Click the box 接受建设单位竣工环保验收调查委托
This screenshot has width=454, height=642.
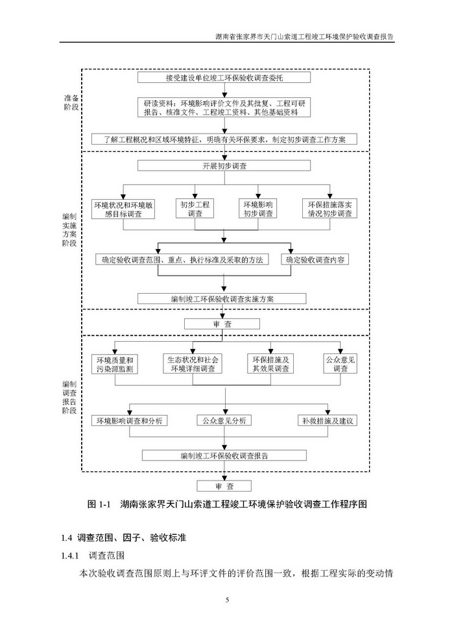pyautogui.click(x=224, y=78)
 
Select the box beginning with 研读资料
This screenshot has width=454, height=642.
pyautogui.click(x=224, y=107)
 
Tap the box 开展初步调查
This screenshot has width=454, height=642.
pyautogui.click(x=224, y=166)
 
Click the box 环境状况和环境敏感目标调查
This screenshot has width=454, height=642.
pyautogui.click(x=123, y=209)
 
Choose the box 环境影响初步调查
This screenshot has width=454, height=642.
pyautogui.click(x=259, y=209)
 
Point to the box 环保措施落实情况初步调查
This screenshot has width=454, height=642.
pyautogui.click(x=331, y=209)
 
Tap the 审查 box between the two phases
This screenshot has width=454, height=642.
pyautogui.click(x=222, y=324)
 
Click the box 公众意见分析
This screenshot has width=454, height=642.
pyautogui.click(x=224, y=420)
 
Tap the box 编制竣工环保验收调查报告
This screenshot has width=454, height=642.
pyautogui.click(x=224, y=455)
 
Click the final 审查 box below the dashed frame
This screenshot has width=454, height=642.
pyautogui.click(x=224, y=486)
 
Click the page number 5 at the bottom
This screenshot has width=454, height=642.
pyautogui.click(x=227, y=599)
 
